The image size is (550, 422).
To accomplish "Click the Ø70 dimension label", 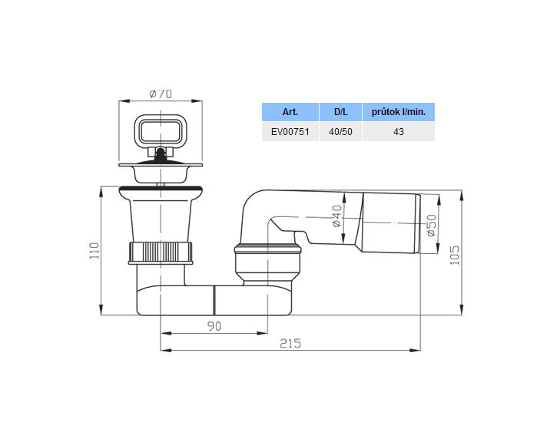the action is [x=161, y=94].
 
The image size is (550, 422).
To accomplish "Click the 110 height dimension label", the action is [x=94, y=251].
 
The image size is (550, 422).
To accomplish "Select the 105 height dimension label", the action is [x=455, y=255].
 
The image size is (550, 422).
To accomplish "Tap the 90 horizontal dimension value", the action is [x=214, y=326].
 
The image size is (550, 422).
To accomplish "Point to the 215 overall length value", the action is [x=290, y=344].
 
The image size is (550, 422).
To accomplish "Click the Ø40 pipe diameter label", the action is [x=336, y=216].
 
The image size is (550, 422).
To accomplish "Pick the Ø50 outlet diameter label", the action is [x=432, y=226].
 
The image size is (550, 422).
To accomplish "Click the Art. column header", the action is [x=290, y=112].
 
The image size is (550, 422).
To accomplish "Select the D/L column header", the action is [x=340, y=112].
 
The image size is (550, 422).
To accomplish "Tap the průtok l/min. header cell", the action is [x=399, y=112].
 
